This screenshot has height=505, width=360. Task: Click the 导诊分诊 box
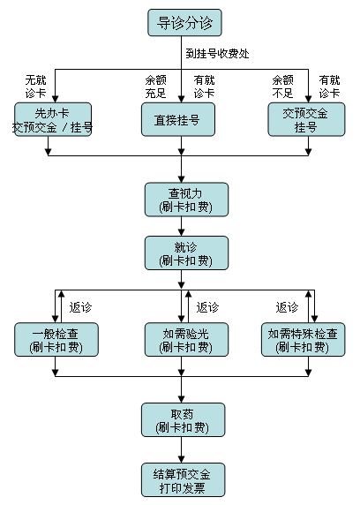[x=184, y=23]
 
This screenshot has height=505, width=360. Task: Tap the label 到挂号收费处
[x=217, y=54]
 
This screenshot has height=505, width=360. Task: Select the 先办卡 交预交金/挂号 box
[x=53, y=119]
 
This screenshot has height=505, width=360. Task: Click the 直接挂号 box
[x=178, y=119]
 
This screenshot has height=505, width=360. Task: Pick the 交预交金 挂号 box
[x=306, y=119]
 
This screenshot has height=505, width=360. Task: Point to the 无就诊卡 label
[x=36, y=87]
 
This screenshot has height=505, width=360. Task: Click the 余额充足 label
[x=155, y=87]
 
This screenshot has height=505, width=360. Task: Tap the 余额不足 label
[x=282, y=87]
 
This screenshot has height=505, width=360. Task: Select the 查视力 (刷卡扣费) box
[x=186, y=200]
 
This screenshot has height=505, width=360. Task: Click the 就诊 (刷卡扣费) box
[x=186, y=253]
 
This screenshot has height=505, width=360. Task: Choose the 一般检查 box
[x=56, y=340]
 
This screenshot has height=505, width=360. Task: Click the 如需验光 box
[x=186, y=340]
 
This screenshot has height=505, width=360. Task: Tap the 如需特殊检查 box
[x=303, y=340]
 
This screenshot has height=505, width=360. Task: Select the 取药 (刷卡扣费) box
[x=183, y=420]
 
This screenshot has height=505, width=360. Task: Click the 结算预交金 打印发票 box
[x=183, y=480]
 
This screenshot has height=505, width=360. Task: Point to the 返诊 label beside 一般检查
[x=80, y=307]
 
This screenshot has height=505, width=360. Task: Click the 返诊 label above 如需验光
[x=207, y=307]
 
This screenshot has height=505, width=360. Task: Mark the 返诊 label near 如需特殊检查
[x=287, y=307]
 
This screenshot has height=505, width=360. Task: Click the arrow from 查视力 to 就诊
[x=181, y=226]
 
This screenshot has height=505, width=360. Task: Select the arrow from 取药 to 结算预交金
[x=181, y=450]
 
